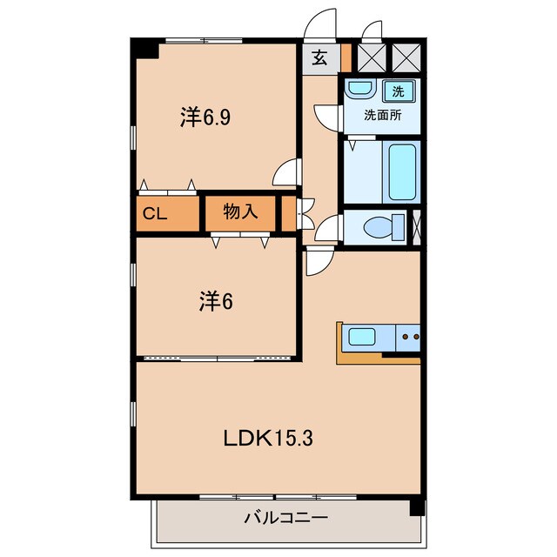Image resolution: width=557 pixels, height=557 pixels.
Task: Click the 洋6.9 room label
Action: [x=205, y=117]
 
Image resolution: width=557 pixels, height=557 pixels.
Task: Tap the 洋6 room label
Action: [x=214, y=302]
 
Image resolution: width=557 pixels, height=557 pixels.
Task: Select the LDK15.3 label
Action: [x=266, y=438]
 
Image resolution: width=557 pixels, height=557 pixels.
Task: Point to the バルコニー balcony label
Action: [x=285, y=519]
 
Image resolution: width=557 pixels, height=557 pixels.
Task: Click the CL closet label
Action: [x=156, y=213]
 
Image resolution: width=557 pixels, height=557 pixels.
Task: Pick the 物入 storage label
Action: [x=239, y=211]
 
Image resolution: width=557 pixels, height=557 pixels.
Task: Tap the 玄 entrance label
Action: [x=319, y=58]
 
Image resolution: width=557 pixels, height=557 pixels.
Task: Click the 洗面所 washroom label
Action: [x=382, y=113]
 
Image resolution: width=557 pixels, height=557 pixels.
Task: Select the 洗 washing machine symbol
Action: [x=397, y=90]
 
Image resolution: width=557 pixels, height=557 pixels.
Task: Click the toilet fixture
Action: [x=383, y=228]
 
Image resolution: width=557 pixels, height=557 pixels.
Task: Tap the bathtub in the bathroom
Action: [x=402, y=172]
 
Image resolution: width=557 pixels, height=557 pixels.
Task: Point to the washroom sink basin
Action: [x=359, y=90]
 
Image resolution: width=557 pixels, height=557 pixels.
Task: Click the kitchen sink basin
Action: [x=362, y=335]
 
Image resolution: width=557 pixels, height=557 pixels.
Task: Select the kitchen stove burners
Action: [x=409, y=335]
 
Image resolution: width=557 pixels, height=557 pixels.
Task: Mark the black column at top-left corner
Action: [x=146, y=49]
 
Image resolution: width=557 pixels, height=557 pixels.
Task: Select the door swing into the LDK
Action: [x=318, y=259]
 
